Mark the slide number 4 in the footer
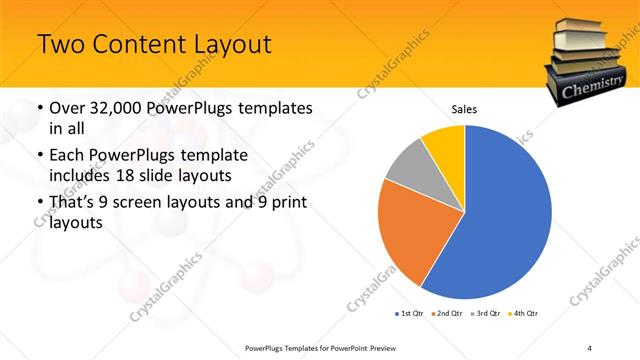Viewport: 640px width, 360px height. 590,347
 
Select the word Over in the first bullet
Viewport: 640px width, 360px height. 68,107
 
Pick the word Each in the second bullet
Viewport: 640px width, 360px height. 68,156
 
